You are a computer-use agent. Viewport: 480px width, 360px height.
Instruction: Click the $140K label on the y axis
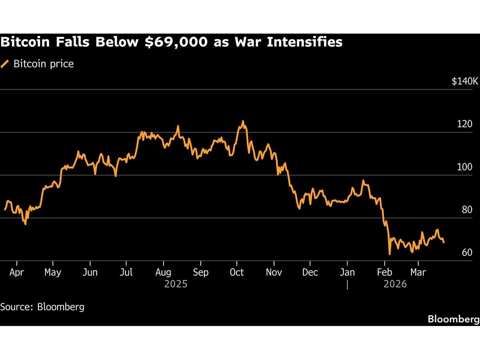465,82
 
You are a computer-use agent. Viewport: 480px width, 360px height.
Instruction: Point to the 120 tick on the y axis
464,124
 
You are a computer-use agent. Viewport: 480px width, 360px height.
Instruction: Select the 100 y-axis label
464,167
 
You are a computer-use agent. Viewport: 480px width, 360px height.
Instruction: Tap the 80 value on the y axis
467,210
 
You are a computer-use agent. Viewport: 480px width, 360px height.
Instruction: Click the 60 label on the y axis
467,253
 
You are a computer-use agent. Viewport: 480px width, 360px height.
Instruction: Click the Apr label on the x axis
16,272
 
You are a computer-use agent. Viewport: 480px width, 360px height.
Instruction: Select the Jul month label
126,272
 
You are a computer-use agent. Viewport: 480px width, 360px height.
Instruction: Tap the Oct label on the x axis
236,272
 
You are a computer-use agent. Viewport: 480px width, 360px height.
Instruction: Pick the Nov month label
274,272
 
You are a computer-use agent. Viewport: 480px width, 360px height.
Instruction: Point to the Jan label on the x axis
347,272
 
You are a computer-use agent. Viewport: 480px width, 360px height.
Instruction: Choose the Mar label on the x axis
418,272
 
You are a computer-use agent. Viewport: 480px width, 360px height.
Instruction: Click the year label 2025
176,284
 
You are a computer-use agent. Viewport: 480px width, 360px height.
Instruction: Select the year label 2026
395,284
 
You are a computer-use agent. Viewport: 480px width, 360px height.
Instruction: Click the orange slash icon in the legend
5,64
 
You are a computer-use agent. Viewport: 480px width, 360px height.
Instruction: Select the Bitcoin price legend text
44,64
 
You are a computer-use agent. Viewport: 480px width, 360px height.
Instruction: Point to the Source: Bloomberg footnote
42,307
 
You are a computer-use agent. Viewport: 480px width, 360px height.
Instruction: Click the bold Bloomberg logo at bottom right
453,319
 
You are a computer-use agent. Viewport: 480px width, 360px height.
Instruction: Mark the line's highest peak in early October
242,121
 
